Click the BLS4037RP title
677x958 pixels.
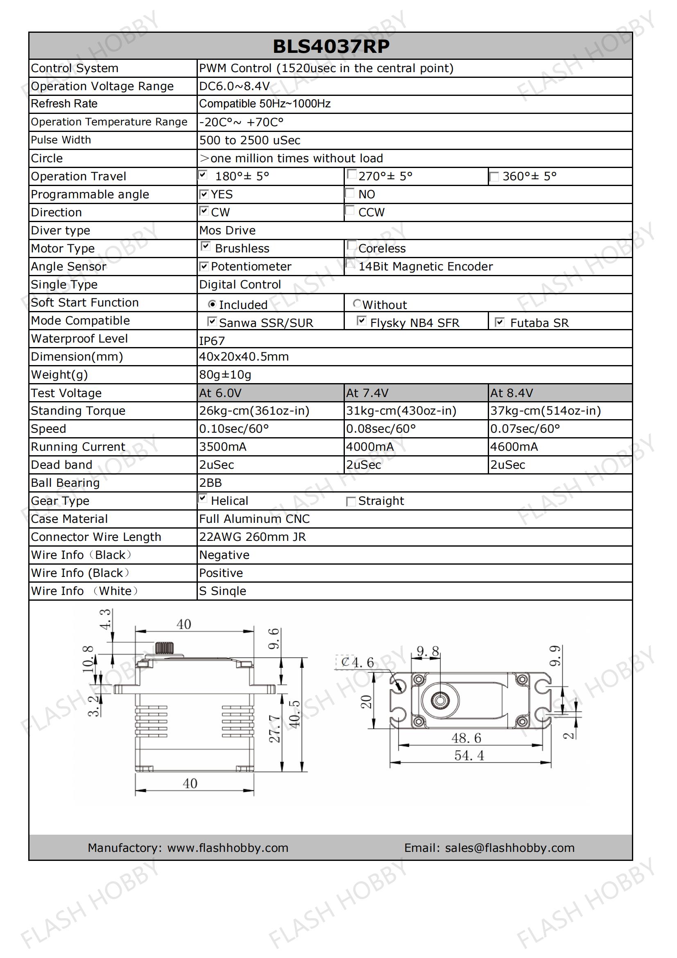click(331, 46)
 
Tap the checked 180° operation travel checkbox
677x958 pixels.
click(203, 175)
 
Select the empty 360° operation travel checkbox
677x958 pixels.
click(494, 177)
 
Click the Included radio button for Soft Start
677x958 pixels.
click(212, 304)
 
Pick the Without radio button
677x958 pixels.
click(357, 303)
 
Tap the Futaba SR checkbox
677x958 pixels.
click(499, 322)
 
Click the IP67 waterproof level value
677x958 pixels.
click(212, 341)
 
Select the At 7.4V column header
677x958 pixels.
click(367, 393)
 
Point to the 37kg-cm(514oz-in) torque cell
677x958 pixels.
click(545, 411)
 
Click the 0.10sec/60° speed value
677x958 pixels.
click(233, 429)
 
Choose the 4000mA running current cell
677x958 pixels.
click(369, 447)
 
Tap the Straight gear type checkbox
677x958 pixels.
click(351, 502)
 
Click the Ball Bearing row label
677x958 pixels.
click(66, 483)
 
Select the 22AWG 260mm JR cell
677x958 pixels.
click(252, 537)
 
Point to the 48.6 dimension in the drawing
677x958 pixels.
click(466, 738)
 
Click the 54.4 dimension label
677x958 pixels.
click(469, 756)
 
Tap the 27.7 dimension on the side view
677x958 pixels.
click(274, 729)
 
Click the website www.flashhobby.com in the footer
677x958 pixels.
click(228, 848)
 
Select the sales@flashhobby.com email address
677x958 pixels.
click(510, 848)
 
